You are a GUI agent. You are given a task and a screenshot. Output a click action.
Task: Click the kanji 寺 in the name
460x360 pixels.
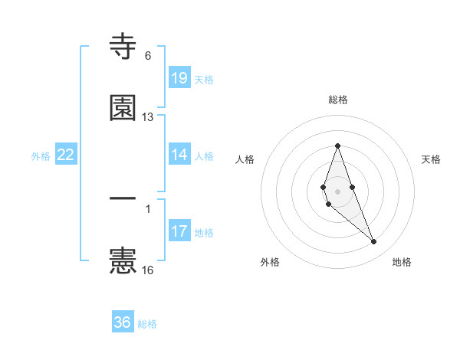coord(123,47)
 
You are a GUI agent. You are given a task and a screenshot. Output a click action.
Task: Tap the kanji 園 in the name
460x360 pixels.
coord(123,108)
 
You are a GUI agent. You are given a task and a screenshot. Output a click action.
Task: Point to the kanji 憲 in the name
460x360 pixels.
coord(123,261)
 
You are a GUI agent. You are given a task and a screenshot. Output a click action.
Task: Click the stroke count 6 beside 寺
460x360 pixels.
coord(148,56)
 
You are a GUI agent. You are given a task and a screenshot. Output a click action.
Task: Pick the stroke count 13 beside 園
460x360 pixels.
coord(148,117)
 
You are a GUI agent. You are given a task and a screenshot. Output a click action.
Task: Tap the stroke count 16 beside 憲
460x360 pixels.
coord(148,270)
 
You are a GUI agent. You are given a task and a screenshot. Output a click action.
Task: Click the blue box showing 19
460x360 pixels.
coord(179,78)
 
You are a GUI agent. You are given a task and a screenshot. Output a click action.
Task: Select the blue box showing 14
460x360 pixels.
coord(179,155)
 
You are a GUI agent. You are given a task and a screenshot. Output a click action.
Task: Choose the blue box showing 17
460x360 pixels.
coord(179,231)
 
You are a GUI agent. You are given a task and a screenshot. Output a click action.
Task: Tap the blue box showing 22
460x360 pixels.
coord(66,155)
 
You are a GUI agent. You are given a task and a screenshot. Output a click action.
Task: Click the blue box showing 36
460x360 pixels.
coord(123,322)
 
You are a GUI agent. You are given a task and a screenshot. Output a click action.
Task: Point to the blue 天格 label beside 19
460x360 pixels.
coord(204,79)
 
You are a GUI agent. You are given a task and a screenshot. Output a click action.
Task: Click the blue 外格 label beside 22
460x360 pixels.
coord(41,155)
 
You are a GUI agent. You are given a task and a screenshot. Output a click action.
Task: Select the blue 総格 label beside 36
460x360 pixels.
coord(147,323)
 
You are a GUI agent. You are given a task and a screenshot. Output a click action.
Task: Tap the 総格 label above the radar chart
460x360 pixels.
coord(338,100)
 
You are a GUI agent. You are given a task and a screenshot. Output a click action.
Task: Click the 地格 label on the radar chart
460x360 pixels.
coord(402,262)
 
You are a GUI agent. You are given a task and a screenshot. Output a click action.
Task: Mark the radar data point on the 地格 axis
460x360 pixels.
coord(374,242)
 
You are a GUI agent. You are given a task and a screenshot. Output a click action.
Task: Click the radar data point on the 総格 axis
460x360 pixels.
coord(337,145)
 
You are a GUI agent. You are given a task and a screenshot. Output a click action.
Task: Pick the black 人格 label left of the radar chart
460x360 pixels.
coord(245,159)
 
